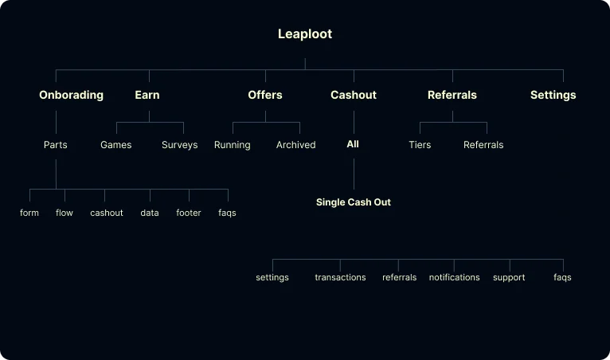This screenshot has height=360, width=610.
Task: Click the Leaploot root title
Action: click(305, 34)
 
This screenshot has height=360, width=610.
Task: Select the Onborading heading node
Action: click(71, 95)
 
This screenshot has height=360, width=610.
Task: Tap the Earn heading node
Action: click(147, 95)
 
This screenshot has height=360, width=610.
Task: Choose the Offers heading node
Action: click(265, 95)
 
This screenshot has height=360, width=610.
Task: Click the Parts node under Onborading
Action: click(56, 145)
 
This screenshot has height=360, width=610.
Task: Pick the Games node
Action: click(116, 145)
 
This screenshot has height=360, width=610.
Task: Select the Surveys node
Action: click(180, 145)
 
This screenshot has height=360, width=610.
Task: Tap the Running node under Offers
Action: click(233, 145)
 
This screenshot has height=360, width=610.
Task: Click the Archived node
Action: click(296, 145)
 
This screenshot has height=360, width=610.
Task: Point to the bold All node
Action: click(353, 144)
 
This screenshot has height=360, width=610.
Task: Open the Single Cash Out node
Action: click(354, 202)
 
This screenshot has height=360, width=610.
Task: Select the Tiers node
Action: click(420, 145)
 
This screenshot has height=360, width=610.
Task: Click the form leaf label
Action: click(29, 213)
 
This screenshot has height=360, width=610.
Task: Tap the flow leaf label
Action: click(65, 213)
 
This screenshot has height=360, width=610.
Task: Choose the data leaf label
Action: click(150, 213)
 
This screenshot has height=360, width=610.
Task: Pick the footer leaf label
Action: click(189, 213)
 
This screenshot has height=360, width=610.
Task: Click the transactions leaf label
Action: click(341, 277)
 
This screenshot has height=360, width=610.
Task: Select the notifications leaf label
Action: click(455, 277)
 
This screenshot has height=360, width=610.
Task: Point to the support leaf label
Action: click(509, 277)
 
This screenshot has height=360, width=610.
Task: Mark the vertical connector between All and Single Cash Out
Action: click(354, 174)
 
